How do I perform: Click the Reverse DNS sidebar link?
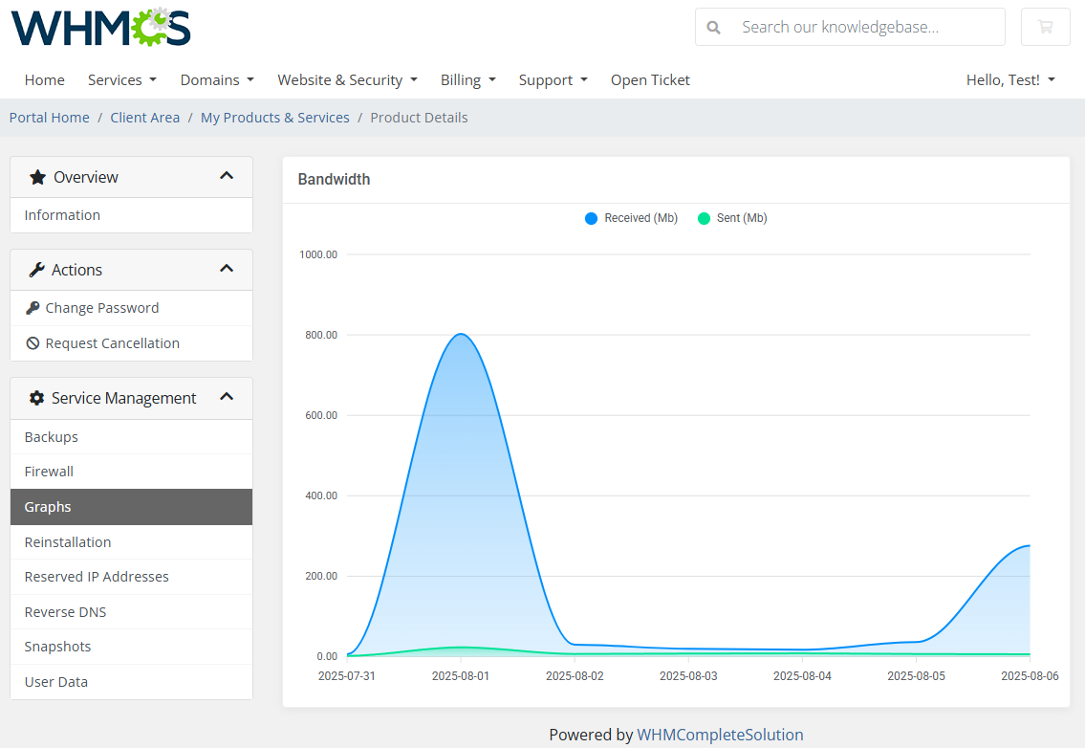click(x=65, y=612)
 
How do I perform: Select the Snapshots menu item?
click(x=57, y=647)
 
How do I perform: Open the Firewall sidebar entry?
click(x=49, y=472)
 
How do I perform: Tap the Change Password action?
click(x=101, y=308)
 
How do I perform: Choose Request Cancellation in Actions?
click(x=112, y=343)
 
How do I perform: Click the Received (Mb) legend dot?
click(x=591, y=218)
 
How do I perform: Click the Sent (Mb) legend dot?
click(x=704, y=218)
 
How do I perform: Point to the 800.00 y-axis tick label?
click(x=318, y=335)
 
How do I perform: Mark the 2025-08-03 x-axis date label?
click(x=688, y=675)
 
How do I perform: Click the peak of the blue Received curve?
click(x=461, y=334)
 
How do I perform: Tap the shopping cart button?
click(x=1045, y=27)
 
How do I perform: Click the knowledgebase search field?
click(x=860, y=27)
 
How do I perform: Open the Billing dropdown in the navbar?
click(x=467, y=80)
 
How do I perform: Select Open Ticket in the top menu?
click(x=650, y=80)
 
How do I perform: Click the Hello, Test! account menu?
click(x=1010, y=80)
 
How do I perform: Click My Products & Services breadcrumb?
click(x=275, y=118)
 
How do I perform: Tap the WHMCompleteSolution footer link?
click(x=720, y=735)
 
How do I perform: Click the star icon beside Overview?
click(x=37, y=177)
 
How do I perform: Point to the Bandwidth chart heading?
click(x=334, y=179)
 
